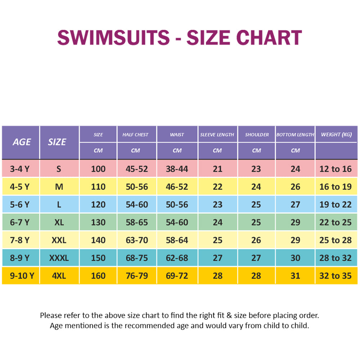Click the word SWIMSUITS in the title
(113, 37)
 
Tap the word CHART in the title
(273, 37)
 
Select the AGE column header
(22, 142)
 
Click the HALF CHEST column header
(135, 135)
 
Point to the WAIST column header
(177, 135)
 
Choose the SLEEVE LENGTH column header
(217, 135)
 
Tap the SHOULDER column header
(257, 135)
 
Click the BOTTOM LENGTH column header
(295, 135)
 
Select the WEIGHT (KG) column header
(336, 134)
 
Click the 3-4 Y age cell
(19, 169)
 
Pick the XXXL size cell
(59, 258)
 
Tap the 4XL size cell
(59, 276)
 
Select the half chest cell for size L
(137, 204)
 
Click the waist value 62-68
(177, 258)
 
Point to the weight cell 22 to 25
(336, 222)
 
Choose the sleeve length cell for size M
(217, 187)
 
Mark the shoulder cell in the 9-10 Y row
(256, 276)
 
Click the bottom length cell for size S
(295, 169)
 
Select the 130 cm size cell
(98, 222)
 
